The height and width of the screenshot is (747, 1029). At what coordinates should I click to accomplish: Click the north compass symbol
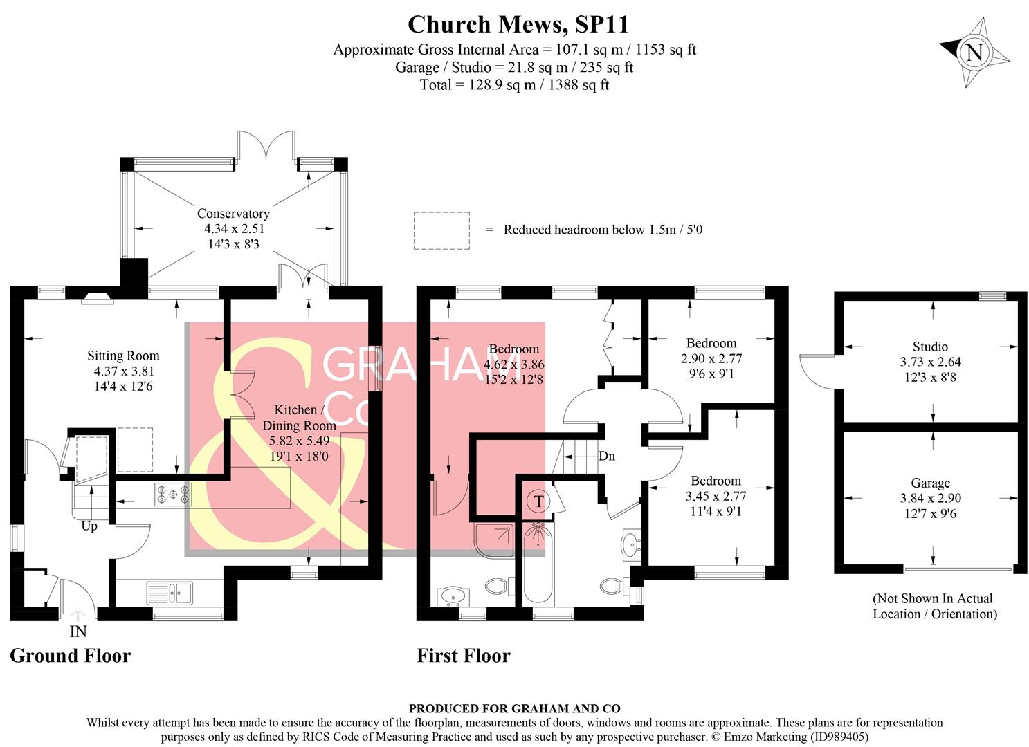[x=974, y=53]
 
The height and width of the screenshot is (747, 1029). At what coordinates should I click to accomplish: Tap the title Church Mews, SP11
[x=518, y=24]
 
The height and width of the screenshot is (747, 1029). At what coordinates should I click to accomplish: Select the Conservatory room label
[x=233, y=214]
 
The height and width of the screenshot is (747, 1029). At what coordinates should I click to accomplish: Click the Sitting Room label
[x=123, y=356]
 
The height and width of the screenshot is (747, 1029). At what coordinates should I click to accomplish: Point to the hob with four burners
[x=173, y=494]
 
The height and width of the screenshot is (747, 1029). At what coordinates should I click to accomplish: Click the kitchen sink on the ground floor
[x=170, y=593]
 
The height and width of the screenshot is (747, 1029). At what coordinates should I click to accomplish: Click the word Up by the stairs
[x=89, y=526]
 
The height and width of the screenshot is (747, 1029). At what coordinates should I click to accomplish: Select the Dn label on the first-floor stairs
[x=607, y=456]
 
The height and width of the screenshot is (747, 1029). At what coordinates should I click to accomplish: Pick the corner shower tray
[x=493, y=540]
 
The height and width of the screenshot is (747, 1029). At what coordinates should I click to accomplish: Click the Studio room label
[x=930, y=347]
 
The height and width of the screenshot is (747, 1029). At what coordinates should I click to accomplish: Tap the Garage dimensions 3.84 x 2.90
[x=930, y=499]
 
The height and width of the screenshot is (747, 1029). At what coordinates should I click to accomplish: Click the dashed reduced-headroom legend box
[x=441, y=230]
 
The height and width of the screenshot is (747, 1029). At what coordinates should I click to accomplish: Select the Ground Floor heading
[x=70, y=656]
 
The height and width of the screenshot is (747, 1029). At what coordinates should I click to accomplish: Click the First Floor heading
[x=463, y=656]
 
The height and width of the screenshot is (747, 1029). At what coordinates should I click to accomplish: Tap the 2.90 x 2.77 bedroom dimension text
[x=711, y=359]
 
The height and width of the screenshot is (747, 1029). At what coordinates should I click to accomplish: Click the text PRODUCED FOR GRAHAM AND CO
[x=514, y=708]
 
